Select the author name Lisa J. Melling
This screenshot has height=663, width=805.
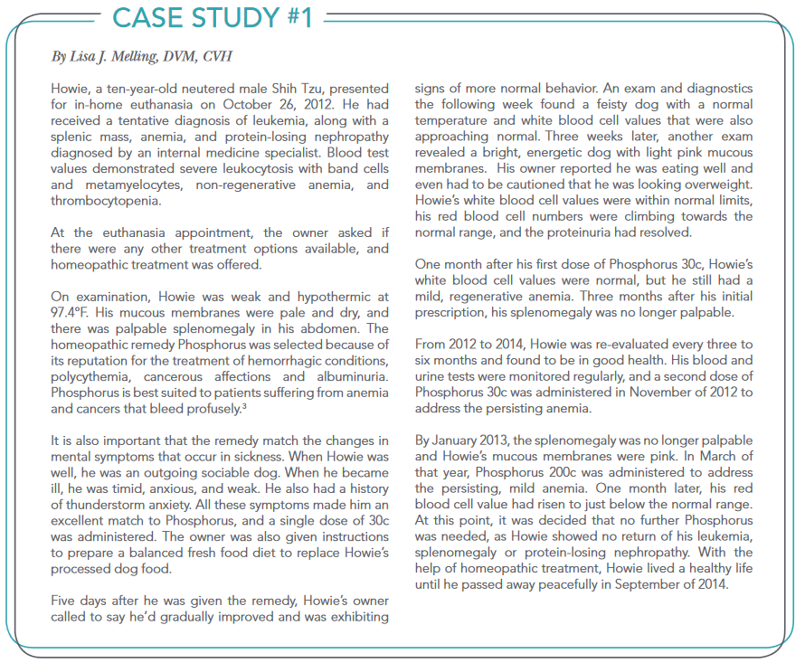tap(113, 57)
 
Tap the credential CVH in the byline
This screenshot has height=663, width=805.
tap(216, 57)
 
